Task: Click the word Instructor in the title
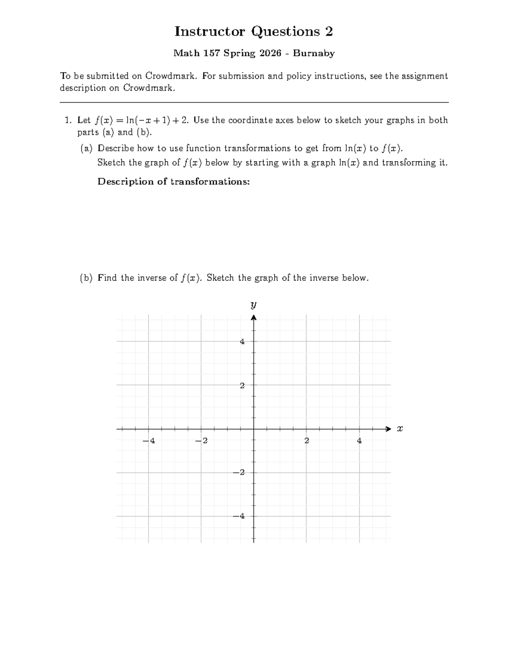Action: (x=210, y=31)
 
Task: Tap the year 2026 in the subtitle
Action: (x=271, y=53)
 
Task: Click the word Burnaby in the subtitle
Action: (x=314, y=53)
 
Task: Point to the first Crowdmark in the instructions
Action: (x=171, y=76)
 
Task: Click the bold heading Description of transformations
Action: (x=174, y=181)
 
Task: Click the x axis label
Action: (x=400, y=429)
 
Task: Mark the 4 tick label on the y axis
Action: (x=242, y=341)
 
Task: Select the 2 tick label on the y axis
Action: (x=242, y=385)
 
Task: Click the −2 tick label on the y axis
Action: (x=240, y=473)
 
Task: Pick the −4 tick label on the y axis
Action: (x=240, y=516)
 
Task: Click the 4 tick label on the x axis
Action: (x=359, y=441)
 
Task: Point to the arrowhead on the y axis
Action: (x=254, y=318)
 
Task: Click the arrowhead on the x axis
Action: (x=389, y=429)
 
